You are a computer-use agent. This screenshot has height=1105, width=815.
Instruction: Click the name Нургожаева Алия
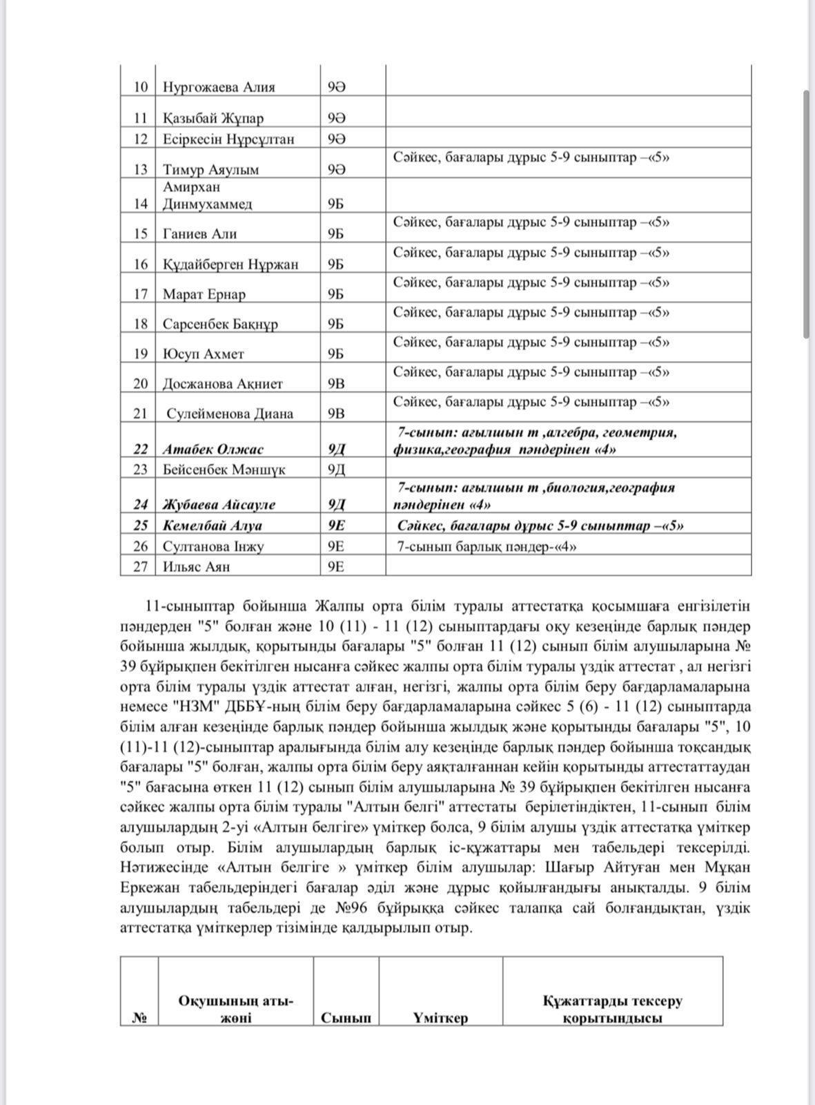coord(219,87)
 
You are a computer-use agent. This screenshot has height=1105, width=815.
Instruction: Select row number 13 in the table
coord(141,169)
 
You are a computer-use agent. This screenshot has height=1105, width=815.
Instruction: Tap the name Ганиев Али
coord(200,233)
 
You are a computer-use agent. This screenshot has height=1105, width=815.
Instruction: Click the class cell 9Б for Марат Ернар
coord(336,294)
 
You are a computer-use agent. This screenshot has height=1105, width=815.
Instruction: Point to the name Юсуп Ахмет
coord(204,354)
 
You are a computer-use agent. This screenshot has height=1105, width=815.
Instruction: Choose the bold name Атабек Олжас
coord(213,450)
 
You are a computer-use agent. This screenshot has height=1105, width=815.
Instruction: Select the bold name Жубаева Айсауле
coord(219,504)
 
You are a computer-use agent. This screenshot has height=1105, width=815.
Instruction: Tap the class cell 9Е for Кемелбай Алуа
coord(337,525)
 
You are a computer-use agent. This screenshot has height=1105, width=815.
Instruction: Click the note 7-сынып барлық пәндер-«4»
coord(487,546)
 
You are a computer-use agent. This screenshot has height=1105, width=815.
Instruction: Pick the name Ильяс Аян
coord(197,567)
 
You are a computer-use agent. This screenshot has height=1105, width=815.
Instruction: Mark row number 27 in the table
coord(141,567)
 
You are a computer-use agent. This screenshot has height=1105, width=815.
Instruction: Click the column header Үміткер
coord(441,1017)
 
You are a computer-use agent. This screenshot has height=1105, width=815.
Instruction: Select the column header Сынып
coord(346,1017)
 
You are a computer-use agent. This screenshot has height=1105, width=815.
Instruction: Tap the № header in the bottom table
coord(139,1017)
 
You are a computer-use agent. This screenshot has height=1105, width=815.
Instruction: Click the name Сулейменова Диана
coord(230,414)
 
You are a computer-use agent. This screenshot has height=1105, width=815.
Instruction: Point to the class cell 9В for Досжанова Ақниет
coord(336,384)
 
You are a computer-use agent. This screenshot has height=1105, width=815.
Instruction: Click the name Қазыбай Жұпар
coord(213,118)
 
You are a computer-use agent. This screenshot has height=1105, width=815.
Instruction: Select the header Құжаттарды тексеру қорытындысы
coord(612,1009)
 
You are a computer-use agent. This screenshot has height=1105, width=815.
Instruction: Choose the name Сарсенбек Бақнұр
coord(220,324)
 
